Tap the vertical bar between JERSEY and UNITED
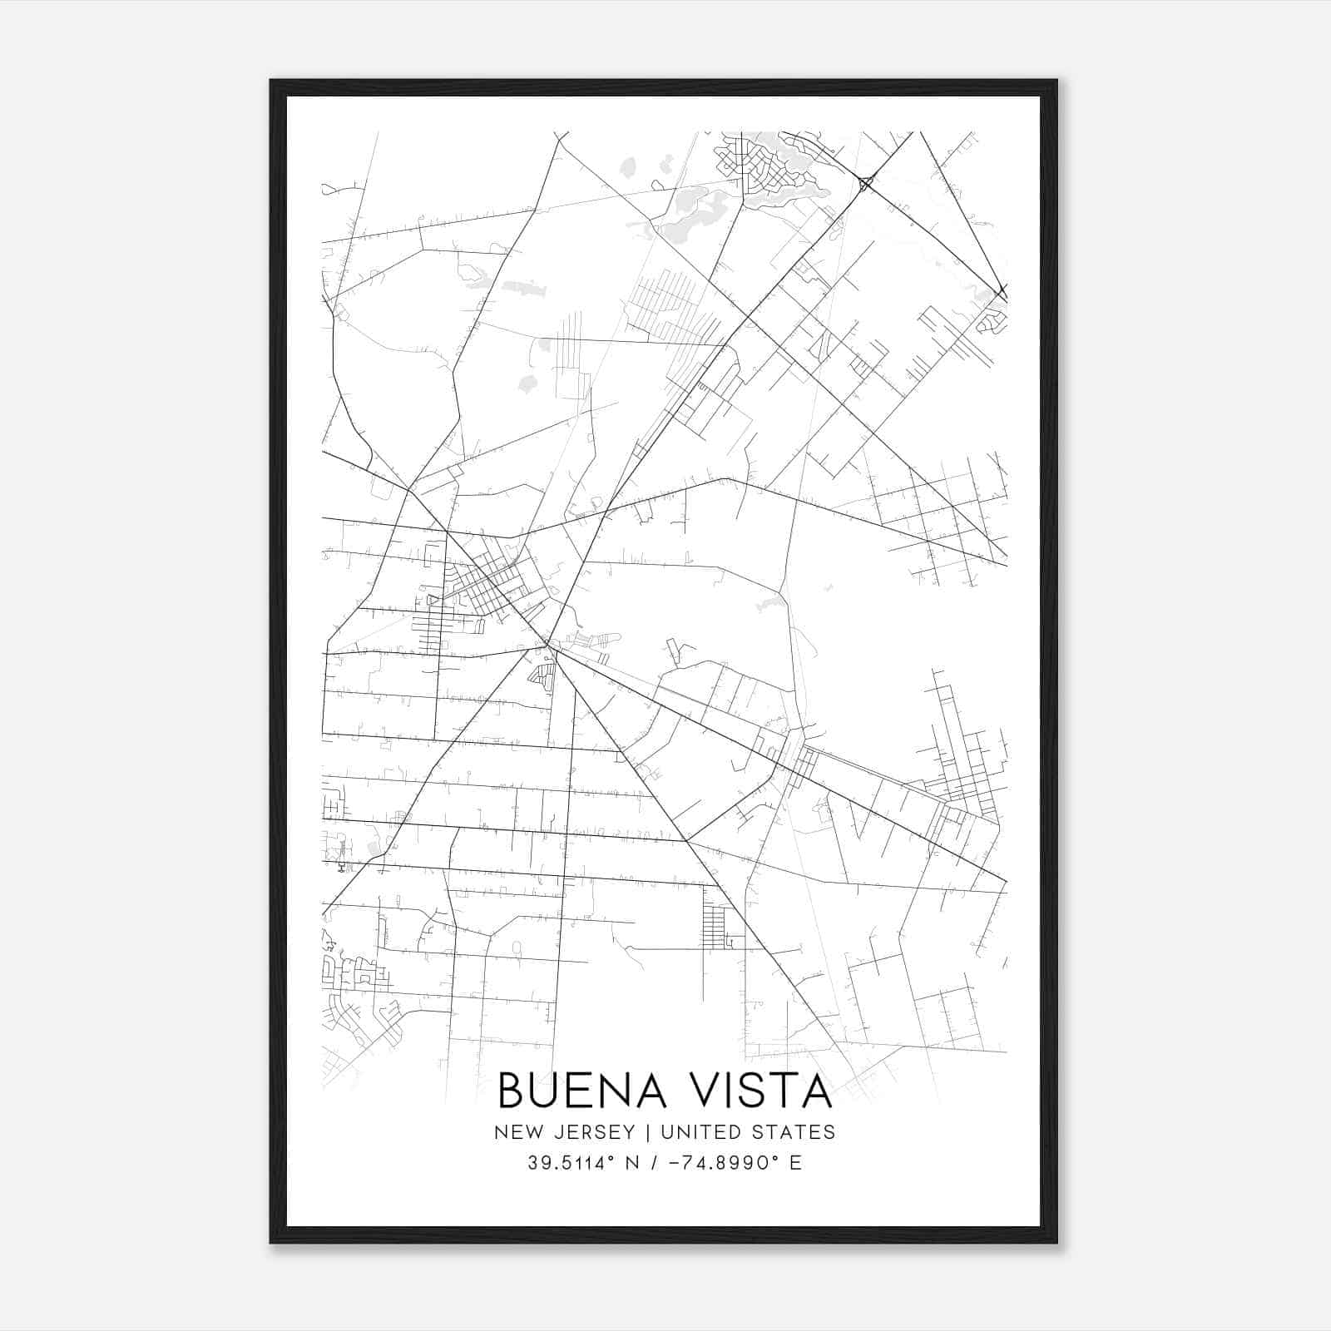click(x=639, y=1132)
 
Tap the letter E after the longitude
click(x=795, y=1163)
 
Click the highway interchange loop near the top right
click(x=865, y=182)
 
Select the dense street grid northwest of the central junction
click(x=491, y=582)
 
